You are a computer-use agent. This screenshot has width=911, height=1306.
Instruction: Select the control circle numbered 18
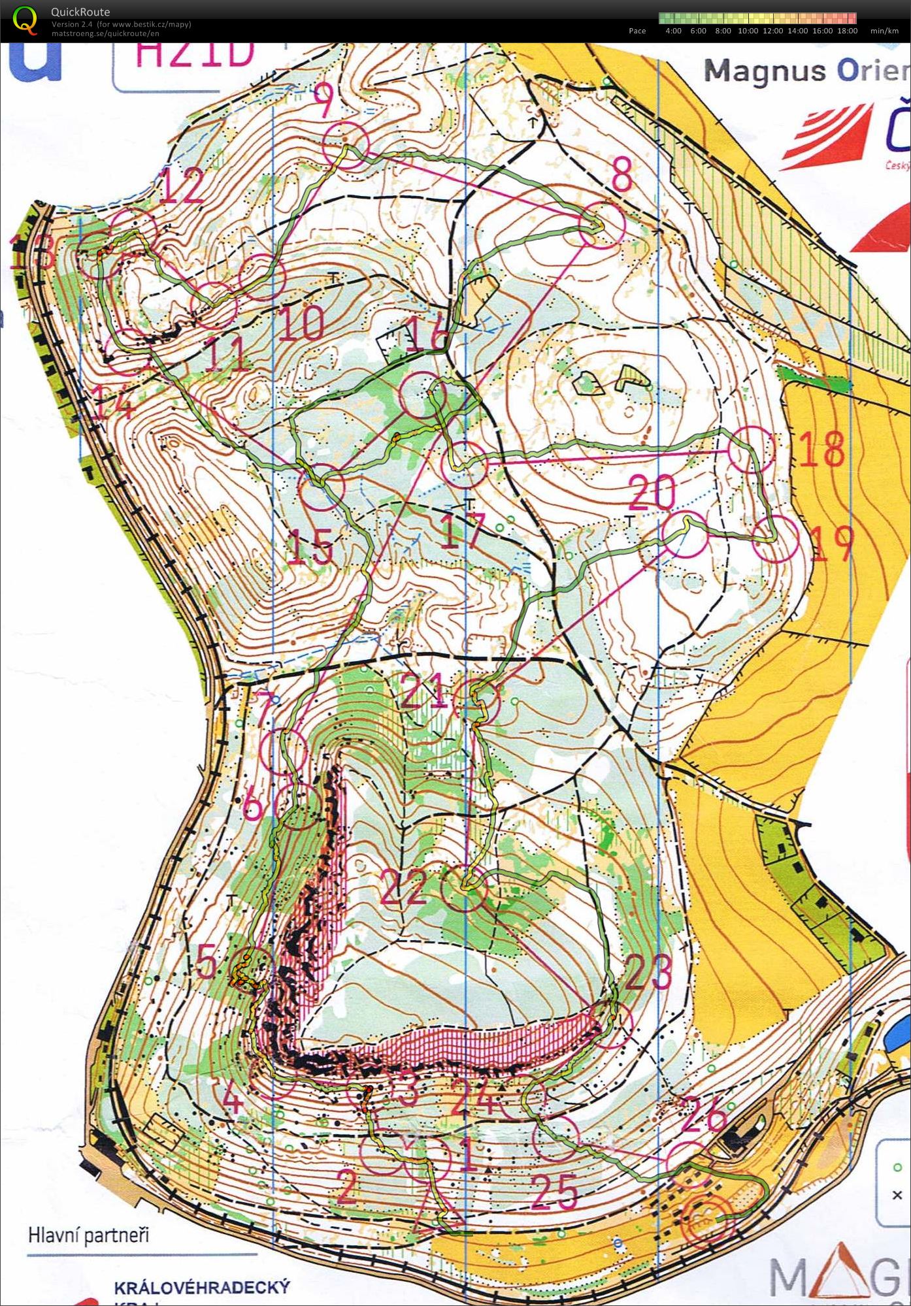(751, 449)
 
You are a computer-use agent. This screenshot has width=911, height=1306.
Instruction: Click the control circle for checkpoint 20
(684, 534)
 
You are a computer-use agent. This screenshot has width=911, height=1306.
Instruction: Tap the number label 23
(648, 971)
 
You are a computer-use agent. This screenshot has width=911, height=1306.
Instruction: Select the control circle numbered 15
(321, 487)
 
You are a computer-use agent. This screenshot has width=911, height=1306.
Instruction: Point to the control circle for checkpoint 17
(464, 464)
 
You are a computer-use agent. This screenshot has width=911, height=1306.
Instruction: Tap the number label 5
(207, 962)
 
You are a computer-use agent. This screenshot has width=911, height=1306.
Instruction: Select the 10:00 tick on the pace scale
(748, 31)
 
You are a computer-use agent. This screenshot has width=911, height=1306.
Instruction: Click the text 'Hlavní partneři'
(88, 1235)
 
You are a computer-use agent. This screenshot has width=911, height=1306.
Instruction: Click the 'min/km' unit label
(884, 31)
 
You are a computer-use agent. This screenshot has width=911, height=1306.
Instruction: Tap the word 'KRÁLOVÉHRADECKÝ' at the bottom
(201, 1287)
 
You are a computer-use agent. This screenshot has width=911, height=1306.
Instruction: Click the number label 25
(555, 1190)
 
